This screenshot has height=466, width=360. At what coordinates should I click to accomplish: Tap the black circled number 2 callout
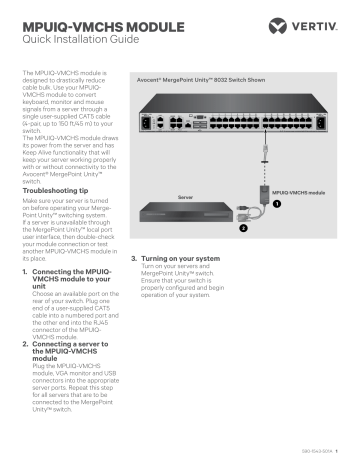[240, 228]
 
